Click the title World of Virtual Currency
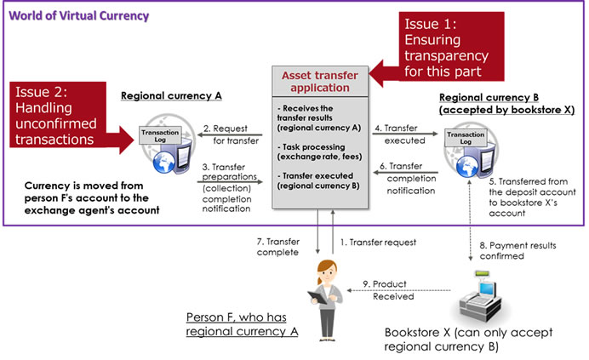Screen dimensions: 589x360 (79, 16)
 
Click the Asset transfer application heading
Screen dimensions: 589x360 (320, 81)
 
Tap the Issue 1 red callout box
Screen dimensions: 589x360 (451, 47)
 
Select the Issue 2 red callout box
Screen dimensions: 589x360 (58, 115)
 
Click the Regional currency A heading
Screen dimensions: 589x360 (171, 96)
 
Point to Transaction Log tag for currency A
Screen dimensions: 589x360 (160, 135)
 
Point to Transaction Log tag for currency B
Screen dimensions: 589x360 (466, 138)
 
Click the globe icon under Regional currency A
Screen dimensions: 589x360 (163, 163)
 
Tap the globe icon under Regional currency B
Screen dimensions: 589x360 (467, 166)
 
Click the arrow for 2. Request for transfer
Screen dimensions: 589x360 (230, 135)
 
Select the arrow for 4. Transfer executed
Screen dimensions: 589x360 (405, 134)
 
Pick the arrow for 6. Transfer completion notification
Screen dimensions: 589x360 (405, 173)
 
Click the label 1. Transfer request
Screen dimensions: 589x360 (378, 243)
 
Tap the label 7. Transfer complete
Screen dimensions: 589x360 (278, 247)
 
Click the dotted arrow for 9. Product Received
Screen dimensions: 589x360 (398, 290)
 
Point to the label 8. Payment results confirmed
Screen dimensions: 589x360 (518, 251)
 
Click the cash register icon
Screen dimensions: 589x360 (481, 296)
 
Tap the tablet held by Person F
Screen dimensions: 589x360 (317, 298)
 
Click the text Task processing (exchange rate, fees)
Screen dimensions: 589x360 (320, 151)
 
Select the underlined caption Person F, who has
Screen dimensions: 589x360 (237, 317)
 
